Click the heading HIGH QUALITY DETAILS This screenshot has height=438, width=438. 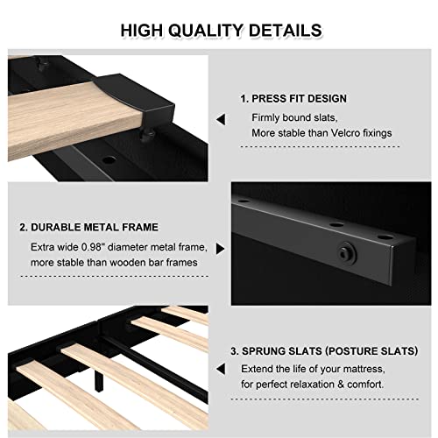tap(221, 31)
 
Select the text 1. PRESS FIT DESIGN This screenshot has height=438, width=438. tap(293, 98)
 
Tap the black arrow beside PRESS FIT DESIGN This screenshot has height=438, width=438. tap(220, 118)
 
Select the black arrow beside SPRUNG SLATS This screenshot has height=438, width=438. tap(220, 371)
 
